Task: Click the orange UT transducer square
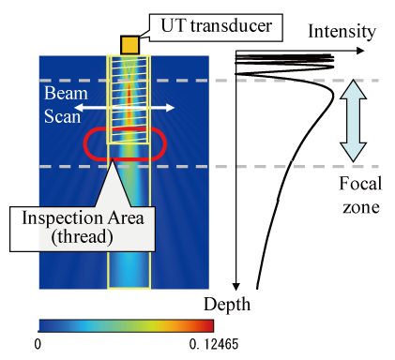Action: [129, 44]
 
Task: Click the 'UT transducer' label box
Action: [212, 26]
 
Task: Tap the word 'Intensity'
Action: [342, 32]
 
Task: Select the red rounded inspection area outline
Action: [86, 144]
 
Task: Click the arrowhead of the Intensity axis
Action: [360, 50]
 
